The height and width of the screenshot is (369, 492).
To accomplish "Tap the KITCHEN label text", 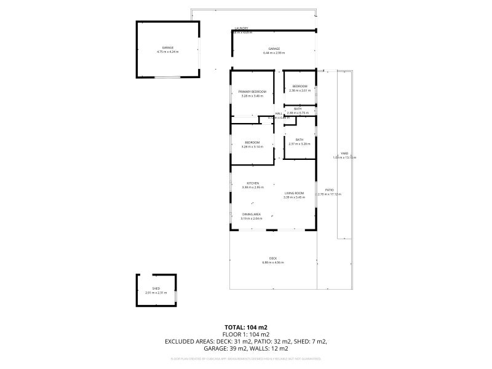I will click(252, 183).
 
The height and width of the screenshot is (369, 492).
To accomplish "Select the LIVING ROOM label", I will click(294, 193).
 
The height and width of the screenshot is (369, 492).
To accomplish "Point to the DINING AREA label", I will click(252, 214).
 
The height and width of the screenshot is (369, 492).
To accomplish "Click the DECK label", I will click(272, 258).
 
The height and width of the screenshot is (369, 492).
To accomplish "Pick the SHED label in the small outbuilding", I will click(156, 288).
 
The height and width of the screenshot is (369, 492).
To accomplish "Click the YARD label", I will click(344, 153).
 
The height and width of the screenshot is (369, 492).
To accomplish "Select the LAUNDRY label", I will click(241, 28).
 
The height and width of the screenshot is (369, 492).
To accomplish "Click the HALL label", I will click(279, 113).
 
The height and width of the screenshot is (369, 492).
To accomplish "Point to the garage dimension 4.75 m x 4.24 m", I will click(167, 52).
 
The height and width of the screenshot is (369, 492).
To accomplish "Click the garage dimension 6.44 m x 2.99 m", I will click(274, 53).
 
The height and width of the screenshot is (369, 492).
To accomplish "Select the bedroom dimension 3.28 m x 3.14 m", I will click(252, 147).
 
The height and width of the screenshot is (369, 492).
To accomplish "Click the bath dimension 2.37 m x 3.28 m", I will click(300, 144).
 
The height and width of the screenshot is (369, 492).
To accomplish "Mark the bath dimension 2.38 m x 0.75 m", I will click(298, 113).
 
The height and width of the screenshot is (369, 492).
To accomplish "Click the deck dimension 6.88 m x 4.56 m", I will click(272, 263).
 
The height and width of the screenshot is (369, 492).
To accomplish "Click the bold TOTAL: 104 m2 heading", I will click(246, 327).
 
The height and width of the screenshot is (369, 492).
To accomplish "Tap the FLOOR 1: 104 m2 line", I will click(246, 334).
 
